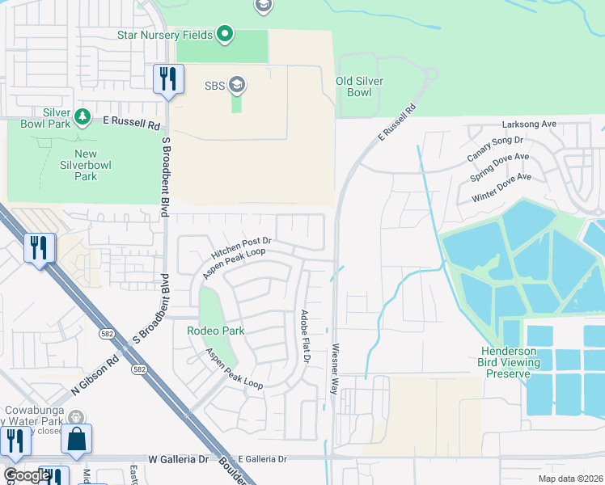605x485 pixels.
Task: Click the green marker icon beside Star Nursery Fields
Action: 226,35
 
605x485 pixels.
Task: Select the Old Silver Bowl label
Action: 359,86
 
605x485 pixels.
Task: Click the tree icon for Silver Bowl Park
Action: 82,118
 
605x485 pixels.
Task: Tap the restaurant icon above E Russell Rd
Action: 167,79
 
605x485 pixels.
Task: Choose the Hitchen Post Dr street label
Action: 241,240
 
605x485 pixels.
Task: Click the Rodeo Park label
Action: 215,331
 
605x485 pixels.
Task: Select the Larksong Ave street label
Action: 529,124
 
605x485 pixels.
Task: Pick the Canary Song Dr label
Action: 490,147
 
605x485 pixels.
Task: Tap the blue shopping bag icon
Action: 76,439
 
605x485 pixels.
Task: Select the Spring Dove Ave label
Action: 499,167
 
